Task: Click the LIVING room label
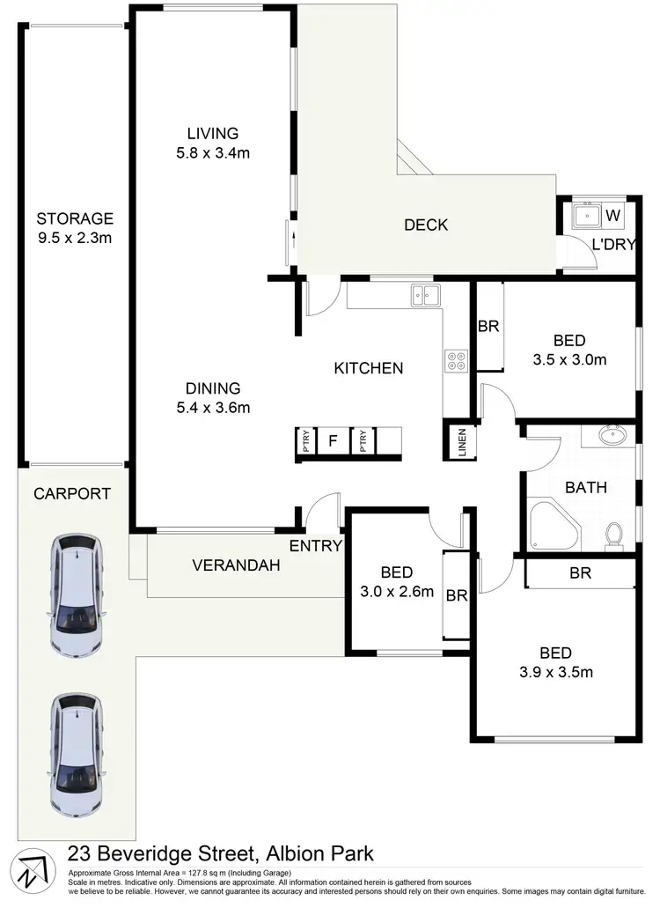(x=212, y=134)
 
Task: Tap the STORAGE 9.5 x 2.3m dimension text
(x=75, y=238)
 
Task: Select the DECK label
(x=426, y=225)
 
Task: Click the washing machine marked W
(x=613, y=215)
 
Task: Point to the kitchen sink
(x=424, y=296)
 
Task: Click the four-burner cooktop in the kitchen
(x=457, y=360)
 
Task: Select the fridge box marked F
(x=332, y=440)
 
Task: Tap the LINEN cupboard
(x=461, y=442)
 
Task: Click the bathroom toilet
(x=615, y=535)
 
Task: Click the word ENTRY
(x=315, y=546)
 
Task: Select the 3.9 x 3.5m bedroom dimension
(x=555, y=673)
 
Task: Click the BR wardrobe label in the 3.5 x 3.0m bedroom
(x=488, y=326)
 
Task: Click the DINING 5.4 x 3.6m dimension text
(x=212, y=408)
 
